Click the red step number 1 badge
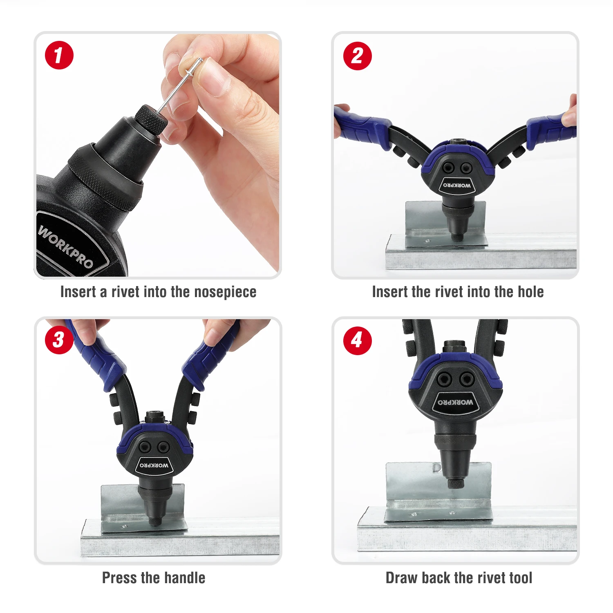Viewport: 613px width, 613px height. click(x=59, y=55)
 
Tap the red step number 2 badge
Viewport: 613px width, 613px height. click(x=357, y=56)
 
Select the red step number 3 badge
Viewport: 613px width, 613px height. click(x=59, y=340)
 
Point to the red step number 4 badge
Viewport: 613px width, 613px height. click(x=357, y=340)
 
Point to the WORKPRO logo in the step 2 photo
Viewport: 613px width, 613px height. click(x=457, y=185)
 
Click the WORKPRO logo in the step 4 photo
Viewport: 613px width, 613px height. click(x=456, y=402)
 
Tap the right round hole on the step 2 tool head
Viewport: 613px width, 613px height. click(x=466, y=168)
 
